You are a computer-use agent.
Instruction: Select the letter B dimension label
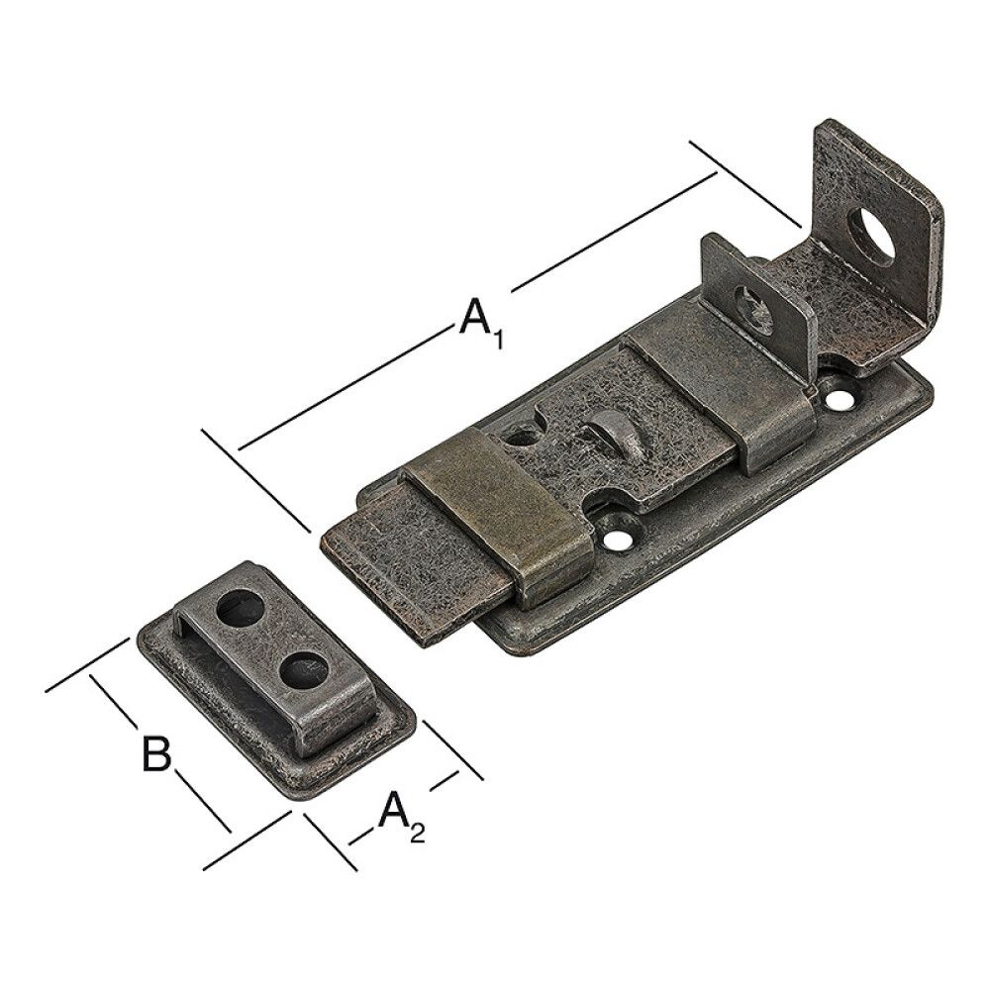coord(155,754)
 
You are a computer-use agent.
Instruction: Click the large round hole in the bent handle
coord(870,237)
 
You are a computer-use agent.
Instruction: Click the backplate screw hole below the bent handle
coord(839,400)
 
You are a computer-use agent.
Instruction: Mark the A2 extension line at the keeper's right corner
coord(452,749)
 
